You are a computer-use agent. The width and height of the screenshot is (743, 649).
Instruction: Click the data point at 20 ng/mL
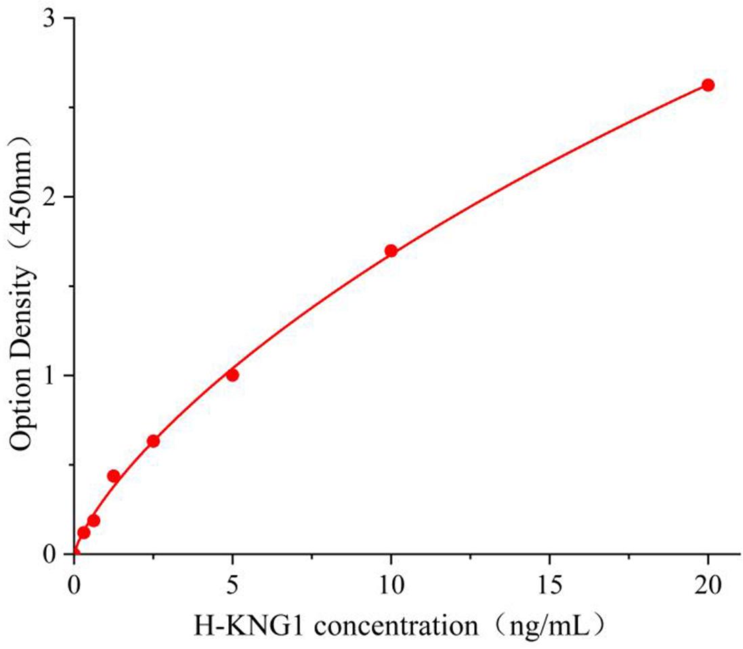(x=708, y=85)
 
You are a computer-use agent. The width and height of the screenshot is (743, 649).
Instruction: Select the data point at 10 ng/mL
(x=391, y=251)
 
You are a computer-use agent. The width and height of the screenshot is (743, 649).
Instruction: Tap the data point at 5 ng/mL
(x=232, y=375)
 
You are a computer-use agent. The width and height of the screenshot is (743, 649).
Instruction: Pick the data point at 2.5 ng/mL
(x=153, y=441)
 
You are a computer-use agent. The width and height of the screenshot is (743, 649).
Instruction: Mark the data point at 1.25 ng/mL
(x=114, y=476)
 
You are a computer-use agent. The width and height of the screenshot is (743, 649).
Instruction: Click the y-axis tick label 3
(x=49, y=19)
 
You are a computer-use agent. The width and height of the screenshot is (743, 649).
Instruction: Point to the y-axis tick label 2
(x=49, y=197)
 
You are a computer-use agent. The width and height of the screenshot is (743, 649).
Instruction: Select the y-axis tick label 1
(x=49, y=375)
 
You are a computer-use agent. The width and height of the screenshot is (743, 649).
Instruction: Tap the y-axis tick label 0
(x=49, y=554)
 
